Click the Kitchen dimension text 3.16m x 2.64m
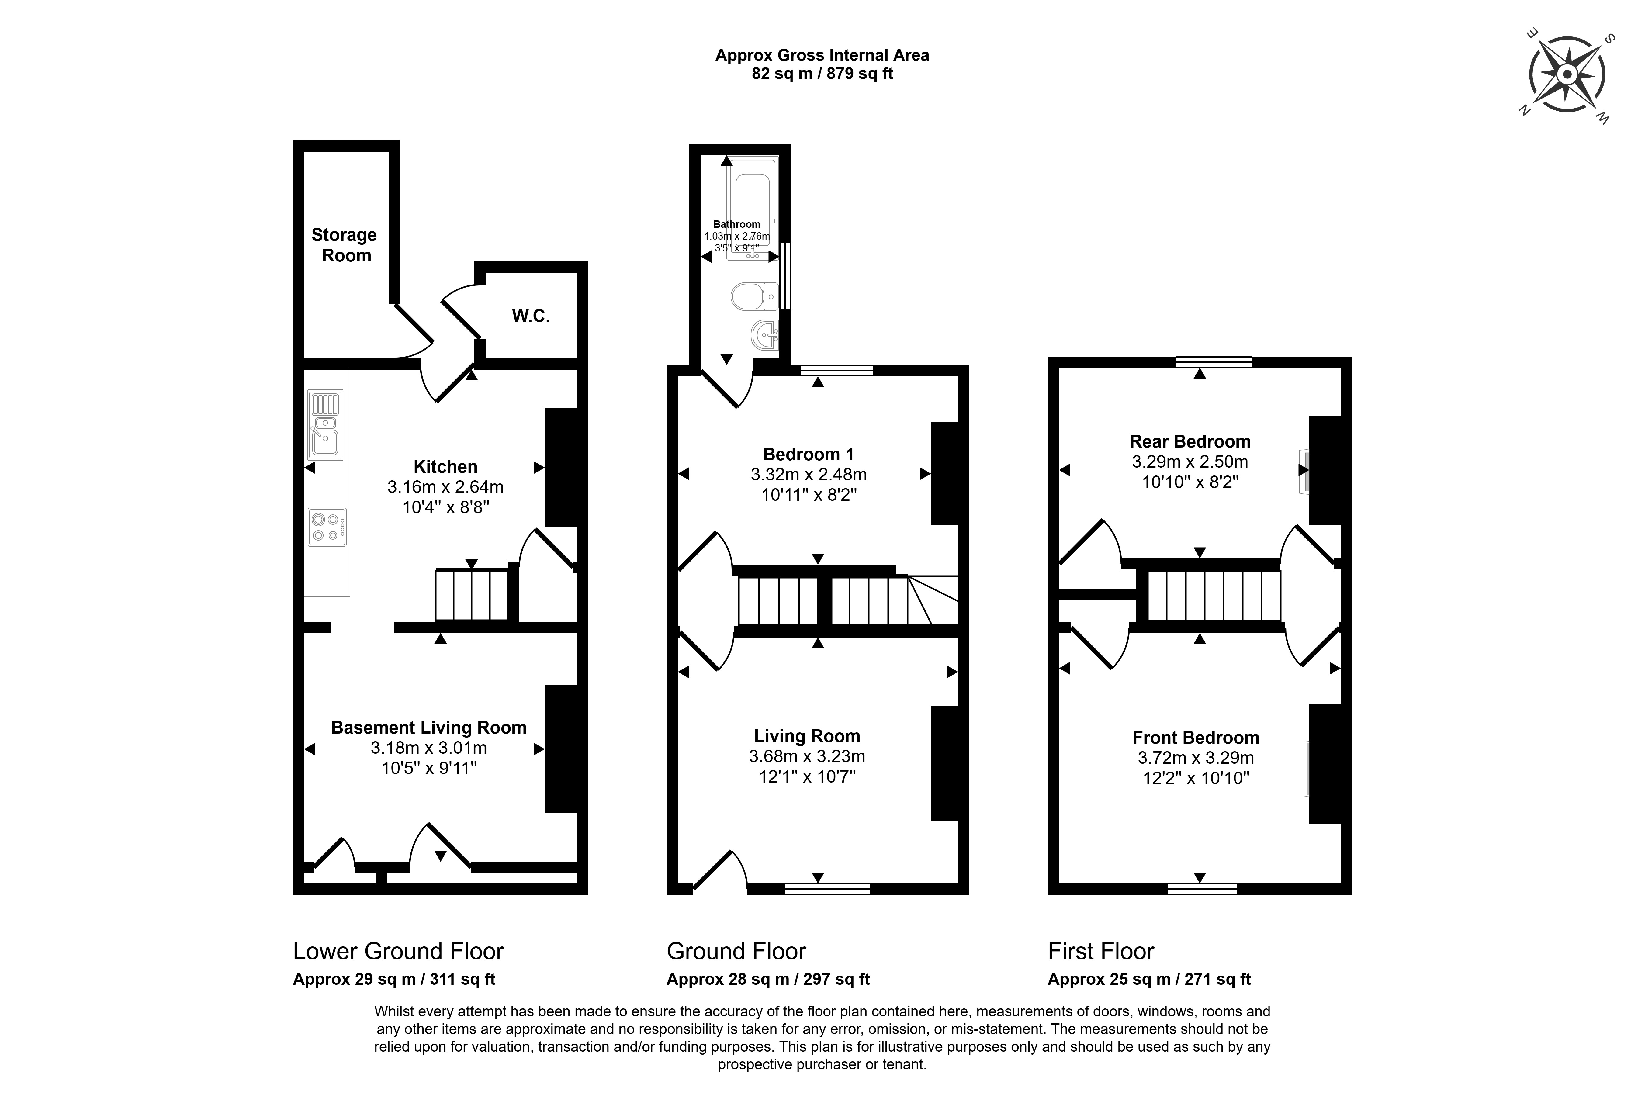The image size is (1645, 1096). [445, 486]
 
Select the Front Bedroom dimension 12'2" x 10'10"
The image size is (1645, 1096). [1196, 778]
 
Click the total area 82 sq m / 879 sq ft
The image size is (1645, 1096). [822, 73]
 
